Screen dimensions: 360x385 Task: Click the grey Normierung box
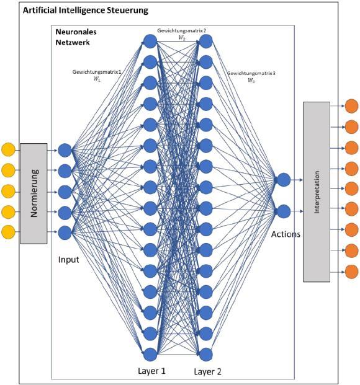pyautogui.click(x=34, y=193)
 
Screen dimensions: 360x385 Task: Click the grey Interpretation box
pyautogui.click(x=317, y=192)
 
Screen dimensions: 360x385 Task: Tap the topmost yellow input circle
pyautogui.click(x=8, y=149)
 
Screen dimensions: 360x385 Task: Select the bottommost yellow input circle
pyautogui.click(x=8, y=232)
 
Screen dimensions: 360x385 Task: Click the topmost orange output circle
pyautogui.click(x=352, y=106)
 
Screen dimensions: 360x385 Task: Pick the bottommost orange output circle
pyautogui.click(x=352, y=272)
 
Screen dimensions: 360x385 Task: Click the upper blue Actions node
pyautogui.click(x=284, y=180)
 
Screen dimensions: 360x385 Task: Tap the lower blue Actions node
pyautogui.click(x=284, y=211)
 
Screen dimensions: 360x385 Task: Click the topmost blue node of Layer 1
pyautogui.click(x=150, y=42)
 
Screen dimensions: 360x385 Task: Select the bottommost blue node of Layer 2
pyautogui.click(x=206, y=355)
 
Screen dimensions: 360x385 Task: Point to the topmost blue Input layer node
pyautogui.click(x=65, y=150)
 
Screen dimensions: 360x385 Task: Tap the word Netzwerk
pyautogui.click(x=73, y=42)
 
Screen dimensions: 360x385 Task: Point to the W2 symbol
pyautogui.click(x=181, y=38)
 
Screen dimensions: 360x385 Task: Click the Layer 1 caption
pyautogui.click(x=151, y=371)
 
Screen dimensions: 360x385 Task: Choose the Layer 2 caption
pyautogui.click(x=208, y=371)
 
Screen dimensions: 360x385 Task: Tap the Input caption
pyautogui.click(x=69, y=260)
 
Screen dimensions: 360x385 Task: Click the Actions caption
pyautogui.click(x=286, y=234)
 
